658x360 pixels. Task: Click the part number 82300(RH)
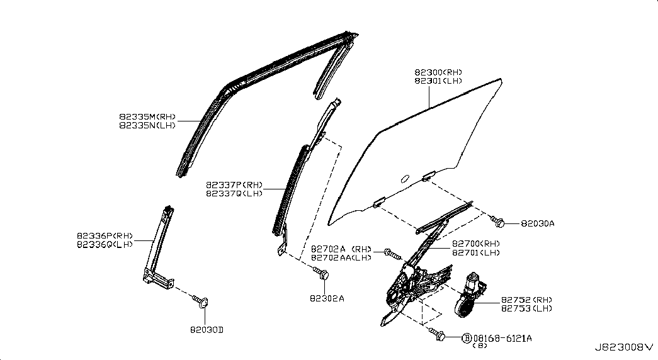pos(438,72)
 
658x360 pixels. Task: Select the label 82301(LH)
pos(438,81)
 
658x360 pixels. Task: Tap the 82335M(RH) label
pos(148,116)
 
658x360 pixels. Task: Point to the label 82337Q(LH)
pos(234,194)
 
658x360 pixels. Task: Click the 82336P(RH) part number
pos(105,236)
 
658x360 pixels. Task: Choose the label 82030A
pos(537,223)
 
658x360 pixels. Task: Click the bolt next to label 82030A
pos(501,221)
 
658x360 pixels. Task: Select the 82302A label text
pos(327,298)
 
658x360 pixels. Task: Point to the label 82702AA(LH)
pos(342,257)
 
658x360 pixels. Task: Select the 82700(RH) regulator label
pos(476,244)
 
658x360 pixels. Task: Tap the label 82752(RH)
pos(526,299)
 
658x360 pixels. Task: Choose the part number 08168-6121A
pos(502,338)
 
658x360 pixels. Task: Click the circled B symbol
pos(467,338)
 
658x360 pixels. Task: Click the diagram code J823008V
pos(623,347)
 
